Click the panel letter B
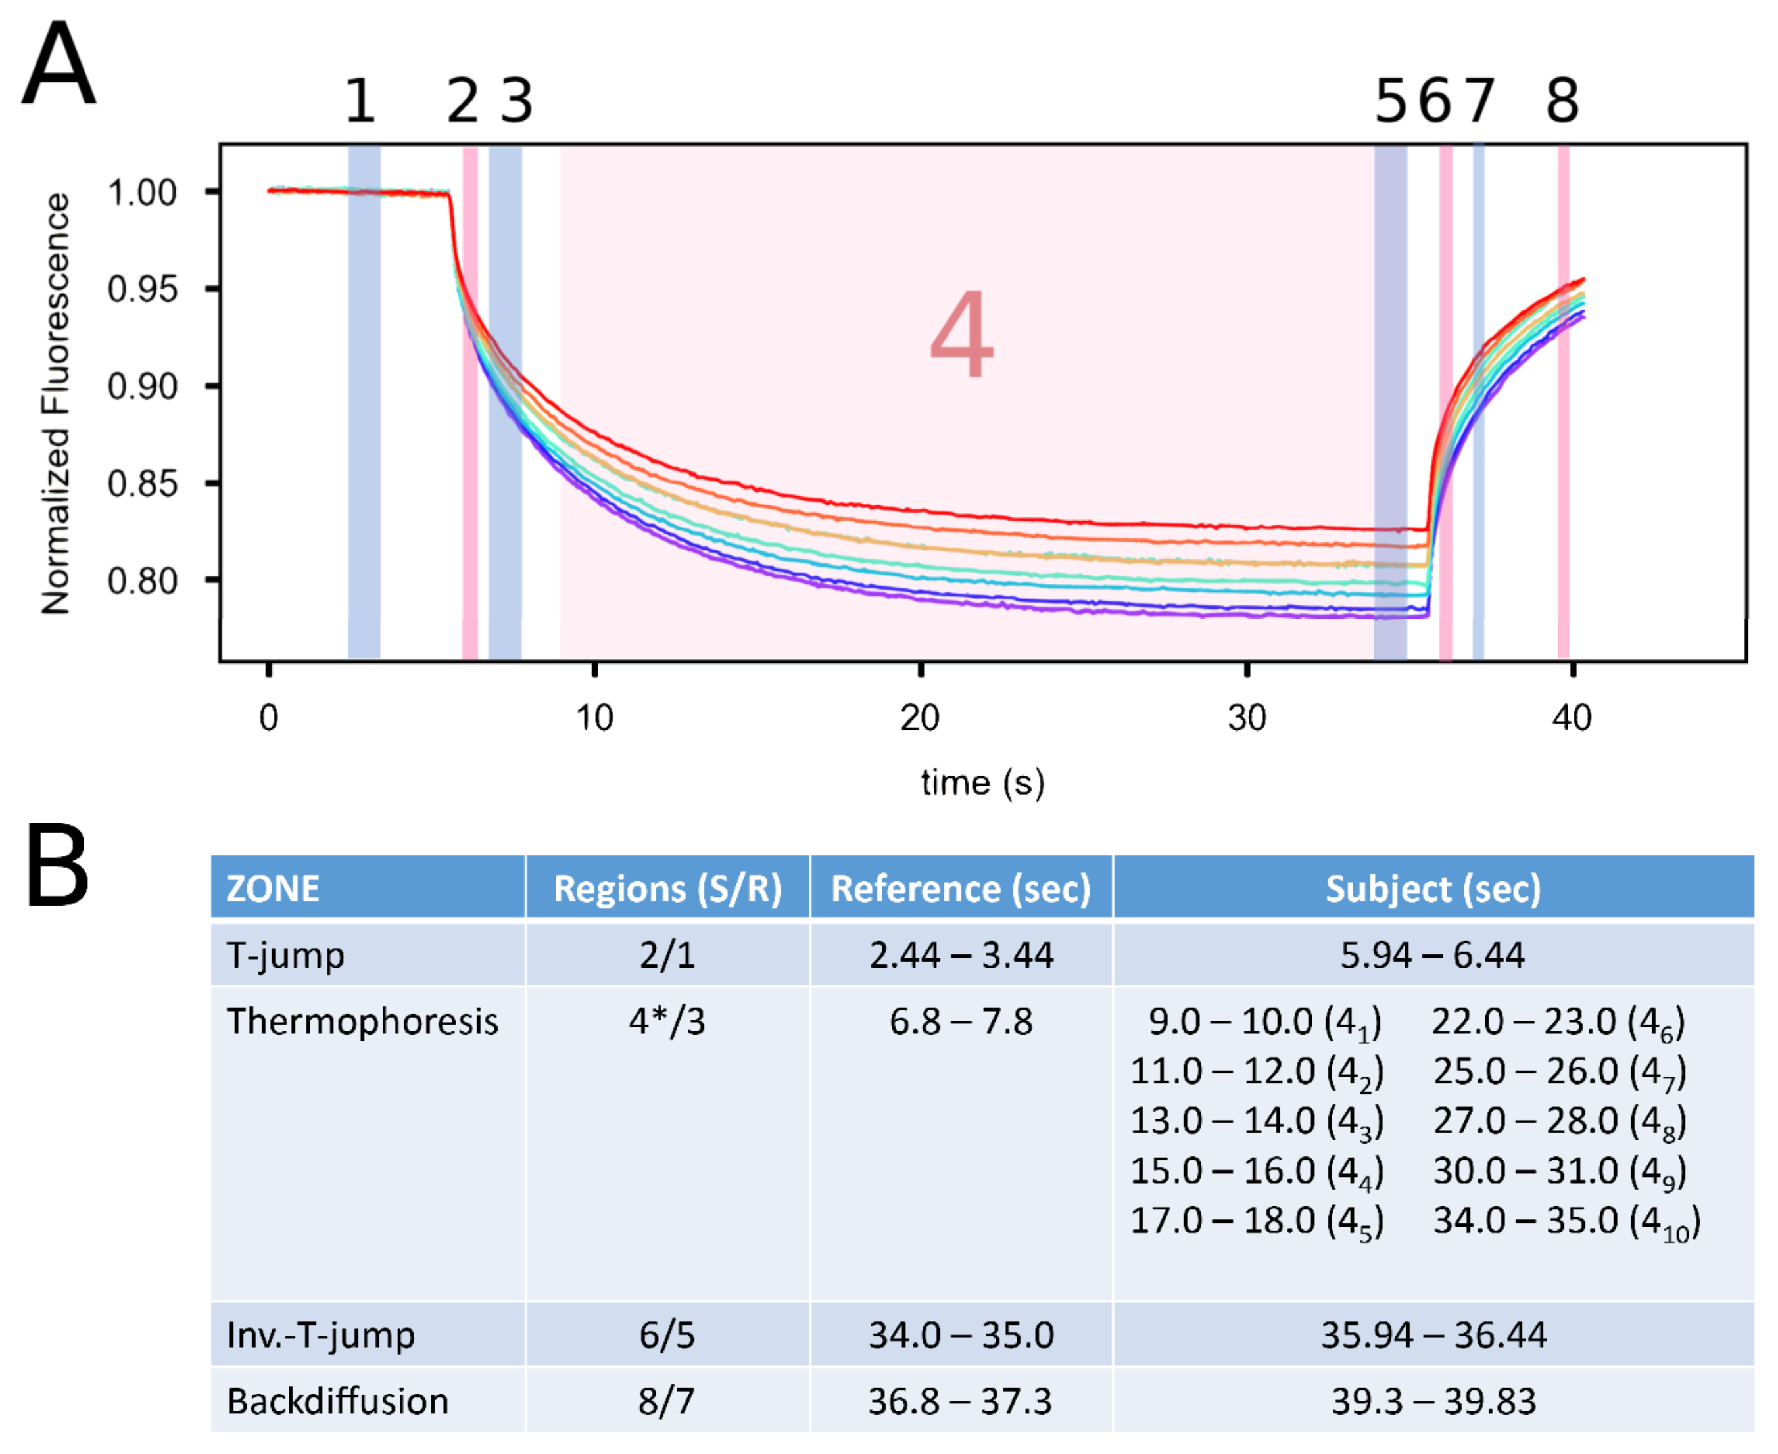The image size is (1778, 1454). (57, 866)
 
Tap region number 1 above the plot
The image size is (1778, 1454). (360, 101)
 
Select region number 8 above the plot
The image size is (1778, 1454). (1562, 101)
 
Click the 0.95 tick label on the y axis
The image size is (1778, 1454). (143, 290)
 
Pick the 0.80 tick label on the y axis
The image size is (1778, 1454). (143, 580)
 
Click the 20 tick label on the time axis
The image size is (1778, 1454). (920, 718)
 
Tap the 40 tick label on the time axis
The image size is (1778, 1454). (1572, 718)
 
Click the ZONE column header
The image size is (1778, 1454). (273, 889)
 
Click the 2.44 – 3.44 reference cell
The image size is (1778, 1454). (961, 956)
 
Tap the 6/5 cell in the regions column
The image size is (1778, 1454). (667, 1335)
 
